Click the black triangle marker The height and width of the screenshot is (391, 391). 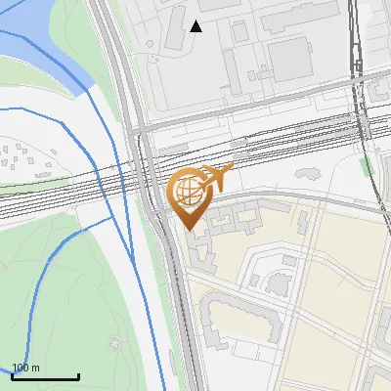point(195,26)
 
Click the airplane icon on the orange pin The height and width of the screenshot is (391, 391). point(219,176)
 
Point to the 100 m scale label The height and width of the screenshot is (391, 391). point(26,368)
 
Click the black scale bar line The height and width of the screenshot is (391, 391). point(46,376)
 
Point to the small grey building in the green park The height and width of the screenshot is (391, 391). point(115,343)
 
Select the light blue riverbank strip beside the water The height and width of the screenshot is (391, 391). point(83,83)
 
